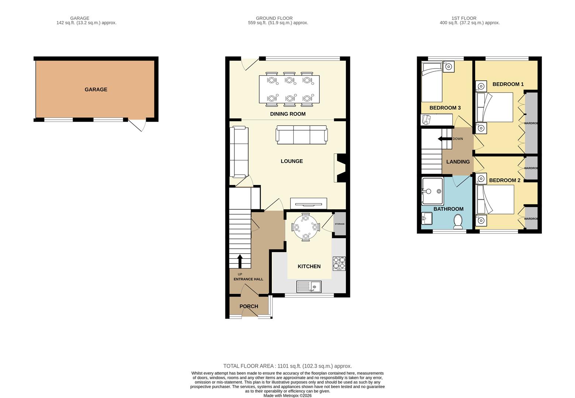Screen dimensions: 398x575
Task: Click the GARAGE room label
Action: tap(96, 90)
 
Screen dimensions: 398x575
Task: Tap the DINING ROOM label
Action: tap(288, 114)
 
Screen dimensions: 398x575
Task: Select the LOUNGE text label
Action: tap(292, 161)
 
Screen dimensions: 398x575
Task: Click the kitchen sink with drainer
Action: tap(309, 286)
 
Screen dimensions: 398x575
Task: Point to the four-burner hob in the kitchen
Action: tap(339, 263)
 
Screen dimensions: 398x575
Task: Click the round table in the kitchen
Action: tap(305, 227)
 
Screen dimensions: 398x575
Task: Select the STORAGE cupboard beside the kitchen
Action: tap(340, 224)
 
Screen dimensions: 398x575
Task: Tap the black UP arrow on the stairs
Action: tap(240, 261)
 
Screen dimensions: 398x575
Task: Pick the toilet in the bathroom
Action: tap(458, 221)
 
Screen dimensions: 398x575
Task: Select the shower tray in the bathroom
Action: tap(432, 191)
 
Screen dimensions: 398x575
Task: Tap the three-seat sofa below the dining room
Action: tap(302, 135)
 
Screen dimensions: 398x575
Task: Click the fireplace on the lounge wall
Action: tap(340, 168)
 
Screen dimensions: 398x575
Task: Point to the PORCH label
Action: tap(249, 306)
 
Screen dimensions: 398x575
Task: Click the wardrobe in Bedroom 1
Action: tap(531, 123)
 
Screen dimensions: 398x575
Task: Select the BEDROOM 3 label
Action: tap(445, 108)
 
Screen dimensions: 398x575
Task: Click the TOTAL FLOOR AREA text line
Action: tap(287, 366)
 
